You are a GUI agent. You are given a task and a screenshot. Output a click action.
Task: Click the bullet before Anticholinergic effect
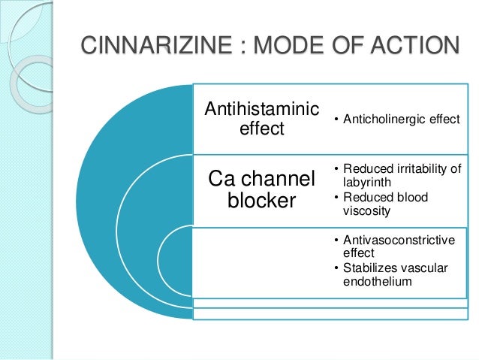[337, 119]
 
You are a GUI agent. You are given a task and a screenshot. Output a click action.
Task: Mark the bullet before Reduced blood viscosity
[337, 198]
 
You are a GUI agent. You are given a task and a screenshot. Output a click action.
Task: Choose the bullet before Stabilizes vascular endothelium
[337, 268]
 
